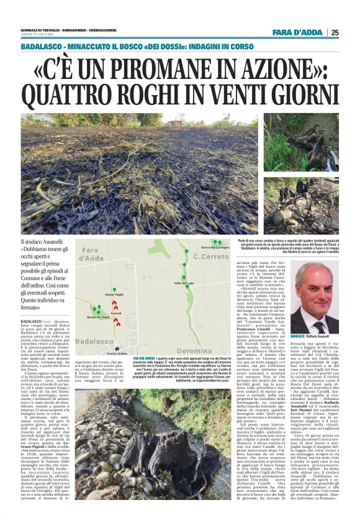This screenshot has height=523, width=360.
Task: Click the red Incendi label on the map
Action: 116,312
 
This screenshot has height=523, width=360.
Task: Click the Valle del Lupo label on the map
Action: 184,283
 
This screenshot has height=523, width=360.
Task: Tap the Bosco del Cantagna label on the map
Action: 217,248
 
